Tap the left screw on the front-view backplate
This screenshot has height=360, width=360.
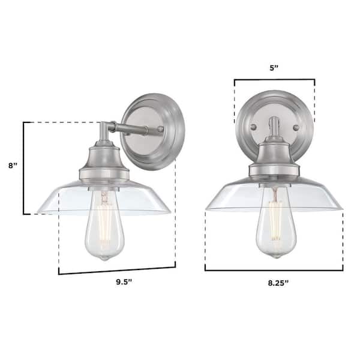(253, 127)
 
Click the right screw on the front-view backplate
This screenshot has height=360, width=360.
(296, 127)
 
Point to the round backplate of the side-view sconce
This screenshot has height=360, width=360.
(153, 131)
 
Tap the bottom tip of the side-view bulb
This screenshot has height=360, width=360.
(105, 259)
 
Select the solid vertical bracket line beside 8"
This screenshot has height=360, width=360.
(24, 168)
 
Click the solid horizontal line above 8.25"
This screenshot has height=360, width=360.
(274, 270)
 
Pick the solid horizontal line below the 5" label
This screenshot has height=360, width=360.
(274, 80)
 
